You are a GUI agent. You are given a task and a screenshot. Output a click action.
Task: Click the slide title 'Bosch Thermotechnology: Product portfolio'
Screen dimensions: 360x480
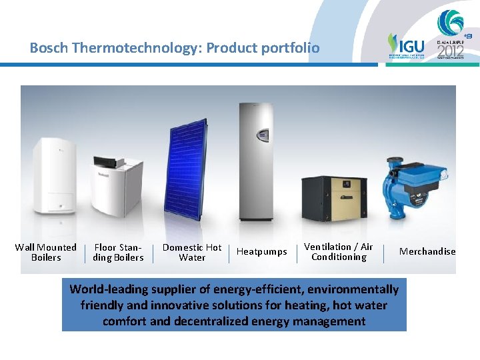pos(174,48)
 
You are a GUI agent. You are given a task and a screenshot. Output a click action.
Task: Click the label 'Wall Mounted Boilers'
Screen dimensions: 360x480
pos(46,252)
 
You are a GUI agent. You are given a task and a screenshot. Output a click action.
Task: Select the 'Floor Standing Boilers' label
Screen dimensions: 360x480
pos(118,252)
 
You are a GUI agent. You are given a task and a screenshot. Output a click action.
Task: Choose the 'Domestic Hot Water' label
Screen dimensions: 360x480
pos(192,252)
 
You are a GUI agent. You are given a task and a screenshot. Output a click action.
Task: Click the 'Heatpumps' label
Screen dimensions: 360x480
pos(262,251)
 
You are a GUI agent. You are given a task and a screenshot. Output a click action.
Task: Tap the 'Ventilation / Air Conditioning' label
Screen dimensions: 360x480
pos(339,251)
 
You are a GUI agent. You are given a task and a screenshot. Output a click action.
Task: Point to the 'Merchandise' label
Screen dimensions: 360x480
pos(427,251)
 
